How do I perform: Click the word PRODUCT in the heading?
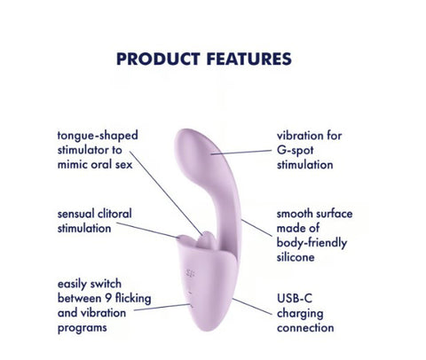click(155, 59)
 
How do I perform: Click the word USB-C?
click(296, 299)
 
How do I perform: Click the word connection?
click(306, 327)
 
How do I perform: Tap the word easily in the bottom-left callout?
click(78, 283)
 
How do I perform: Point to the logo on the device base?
click(193, 268)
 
